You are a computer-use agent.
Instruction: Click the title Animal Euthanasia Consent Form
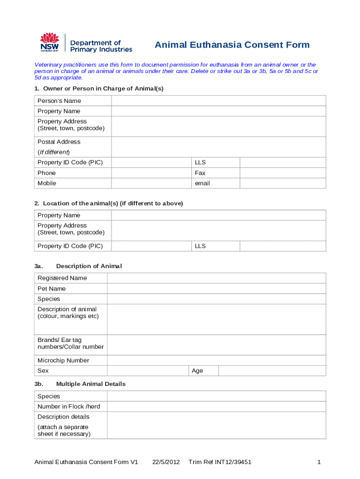coord(232,45)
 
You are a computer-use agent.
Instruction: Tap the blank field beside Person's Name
coord(218,101)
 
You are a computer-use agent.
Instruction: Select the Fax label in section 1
coord(200,173)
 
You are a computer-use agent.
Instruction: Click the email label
coord(202,183)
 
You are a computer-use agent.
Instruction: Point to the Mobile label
coord(47,183)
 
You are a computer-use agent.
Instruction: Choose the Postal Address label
coord(59,142)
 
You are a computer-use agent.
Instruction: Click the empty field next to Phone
coord(151,173)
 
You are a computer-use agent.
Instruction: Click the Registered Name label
coord(62,278)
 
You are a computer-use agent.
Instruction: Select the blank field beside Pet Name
coord(216,289)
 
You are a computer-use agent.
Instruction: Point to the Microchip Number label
coord(63,361)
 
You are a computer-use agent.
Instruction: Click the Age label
coord(197,371)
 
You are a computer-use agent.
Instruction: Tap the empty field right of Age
coord(272,371)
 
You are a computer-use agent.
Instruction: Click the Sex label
coord(43,371)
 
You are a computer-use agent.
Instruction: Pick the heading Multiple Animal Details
coord(91,384)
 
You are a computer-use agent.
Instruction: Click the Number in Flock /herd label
coord(69,406)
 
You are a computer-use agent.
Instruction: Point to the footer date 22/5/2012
coord(166,462)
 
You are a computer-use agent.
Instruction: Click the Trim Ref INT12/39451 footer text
coord(220,462)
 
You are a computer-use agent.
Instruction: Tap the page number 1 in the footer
coord(318,462)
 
